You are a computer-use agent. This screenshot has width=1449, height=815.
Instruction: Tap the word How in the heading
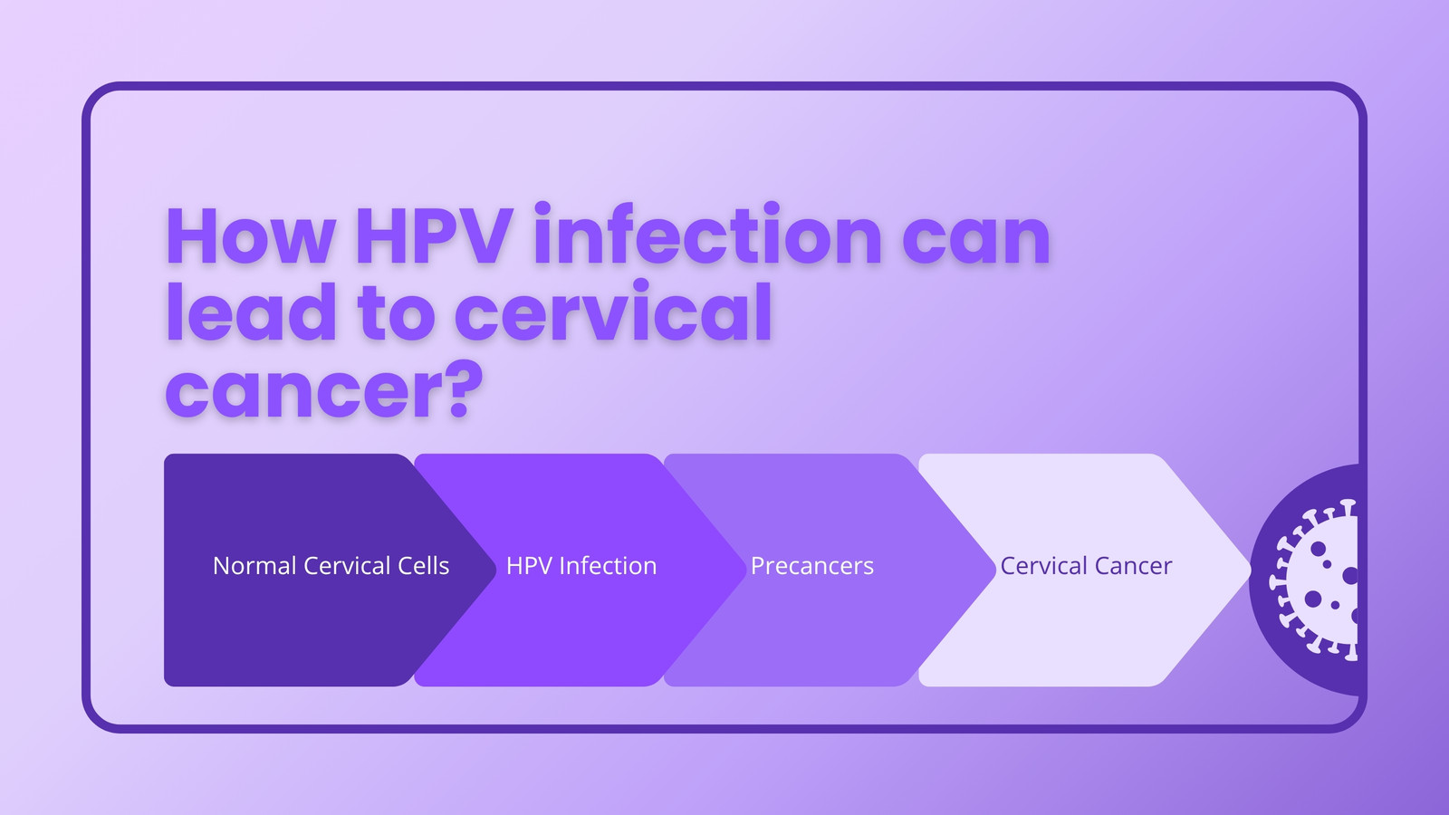point(251,236)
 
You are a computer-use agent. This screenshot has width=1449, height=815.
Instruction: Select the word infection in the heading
point(707,233)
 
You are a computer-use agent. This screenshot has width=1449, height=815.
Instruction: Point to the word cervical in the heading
point(613,310)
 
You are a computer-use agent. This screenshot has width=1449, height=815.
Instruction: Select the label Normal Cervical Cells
point(331,565)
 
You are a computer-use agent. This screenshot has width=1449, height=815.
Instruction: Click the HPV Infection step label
point(581,565)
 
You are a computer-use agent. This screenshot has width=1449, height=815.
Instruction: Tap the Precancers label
point(811,566)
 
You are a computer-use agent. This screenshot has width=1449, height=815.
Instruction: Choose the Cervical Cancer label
point(1086,566)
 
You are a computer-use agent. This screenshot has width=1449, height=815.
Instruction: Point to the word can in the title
point(976,239)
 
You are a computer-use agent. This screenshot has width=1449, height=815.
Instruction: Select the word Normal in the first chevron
point(254,566)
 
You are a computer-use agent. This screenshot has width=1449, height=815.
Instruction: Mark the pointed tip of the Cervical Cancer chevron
point(1250,570)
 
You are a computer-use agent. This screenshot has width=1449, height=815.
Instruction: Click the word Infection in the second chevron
point(608,565)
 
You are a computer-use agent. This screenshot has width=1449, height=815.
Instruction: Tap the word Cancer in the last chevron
point(1133,566)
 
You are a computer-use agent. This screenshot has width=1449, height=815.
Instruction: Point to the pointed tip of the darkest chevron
point(495,570)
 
